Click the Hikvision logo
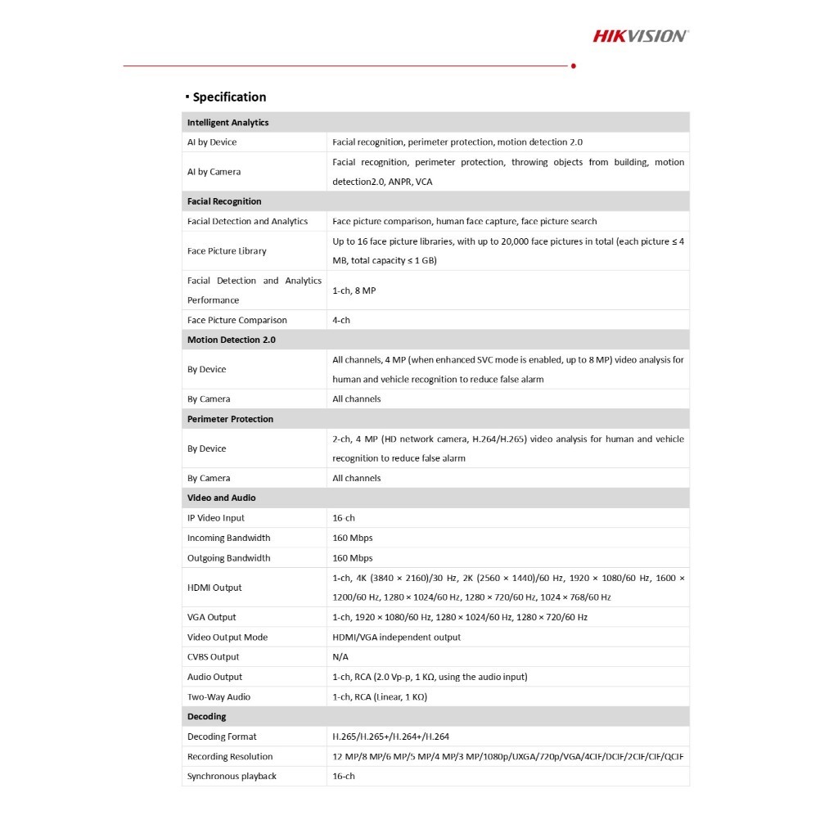(640, 35)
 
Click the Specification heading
(229, 97)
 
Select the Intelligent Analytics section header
(228, 123)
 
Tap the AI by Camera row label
(214, 172)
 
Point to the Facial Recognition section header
(224, 201)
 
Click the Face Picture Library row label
(227, 251)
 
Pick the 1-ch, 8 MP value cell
(354, 291)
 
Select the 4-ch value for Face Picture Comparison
(341, 320)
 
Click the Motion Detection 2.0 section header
(232, 340)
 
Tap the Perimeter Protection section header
(230, 419)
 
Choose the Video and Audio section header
(221, 498)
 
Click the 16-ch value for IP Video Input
(344, 518)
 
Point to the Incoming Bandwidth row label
(228, 538)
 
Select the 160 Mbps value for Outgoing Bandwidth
(353, 558)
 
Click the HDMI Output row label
(214, 588)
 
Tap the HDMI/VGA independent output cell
(396, 638)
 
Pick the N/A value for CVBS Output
(340, 657)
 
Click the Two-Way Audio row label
(219, 697)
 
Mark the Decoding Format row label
(222, 737)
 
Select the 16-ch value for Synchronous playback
(344, 777)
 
